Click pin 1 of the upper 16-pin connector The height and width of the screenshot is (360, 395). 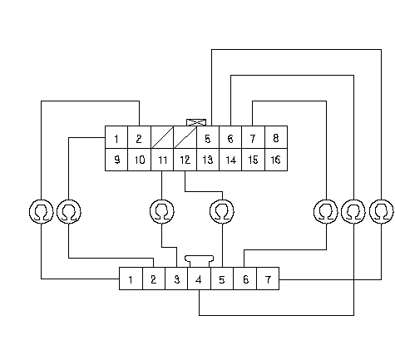pos(116,137)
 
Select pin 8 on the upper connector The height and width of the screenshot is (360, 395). pos(276,137)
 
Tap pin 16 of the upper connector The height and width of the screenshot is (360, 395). pos(276,160)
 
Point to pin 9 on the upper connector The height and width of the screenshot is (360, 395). pos(116,160)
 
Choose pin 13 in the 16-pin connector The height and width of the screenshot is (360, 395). pos(208,160)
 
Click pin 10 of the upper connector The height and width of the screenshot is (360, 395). pos(140,160)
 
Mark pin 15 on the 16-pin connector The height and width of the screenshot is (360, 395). pos(254,160)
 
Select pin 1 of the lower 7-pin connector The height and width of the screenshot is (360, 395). pos(131,279)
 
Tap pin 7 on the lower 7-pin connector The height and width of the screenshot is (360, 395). pos(268,279)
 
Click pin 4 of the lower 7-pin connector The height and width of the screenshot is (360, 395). pos(199,279)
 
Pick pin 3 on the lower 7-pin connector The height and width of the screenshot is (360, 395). pos(176,279)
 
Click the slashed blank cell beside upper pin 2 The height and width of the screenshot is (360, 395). pos(162,137)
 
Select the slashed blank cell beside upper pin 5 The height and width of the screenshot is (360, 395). pos(185,137)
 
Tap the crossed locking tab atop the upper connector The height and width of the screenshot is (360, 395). pos(196,122)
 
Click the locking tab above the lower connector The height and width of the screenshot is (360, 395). pos(199,261)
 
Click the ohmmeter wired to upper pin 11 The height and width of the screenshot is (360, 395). pos(162,211)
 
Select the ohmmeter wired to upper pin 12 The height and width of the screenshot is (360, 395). pos(222,211)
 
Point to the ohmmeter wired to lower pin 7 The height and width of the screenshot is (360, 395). pos(382,211)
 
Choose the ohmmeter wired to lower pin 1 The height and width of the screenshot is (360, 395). pos(42,211)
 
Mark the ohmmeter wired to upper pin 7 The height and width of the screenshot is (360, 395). pos(326,211)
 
